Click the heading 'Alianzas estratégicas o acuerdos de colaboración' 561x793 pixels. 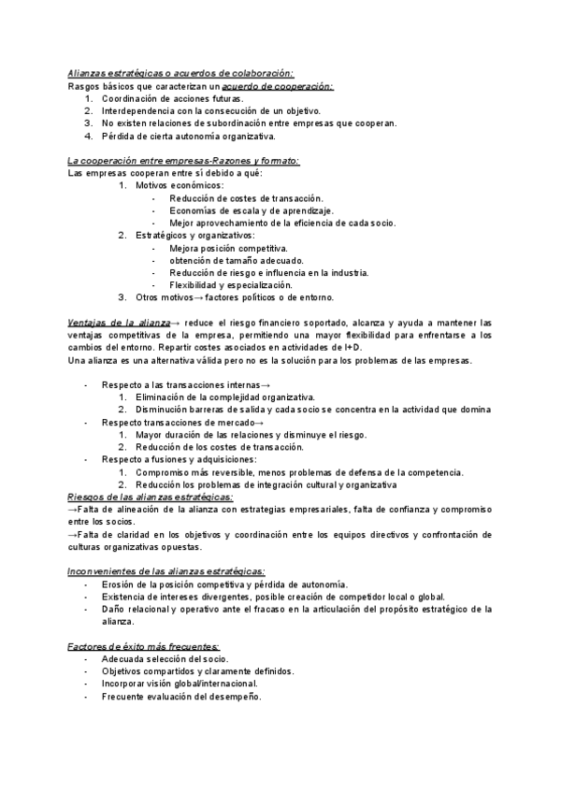click(180, 73)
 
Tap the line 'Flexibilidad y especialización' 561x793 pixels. click(230, 285)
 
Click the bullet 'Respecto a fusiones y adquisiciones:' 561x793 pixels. click(180, 459)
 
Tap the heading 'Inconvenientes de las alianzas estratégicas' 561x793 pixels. click(166, 570)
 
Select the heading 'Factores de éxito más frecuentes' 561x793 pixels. click(144, 646)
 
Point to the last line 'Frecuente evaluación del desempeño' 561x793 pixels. click(181, 697)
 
